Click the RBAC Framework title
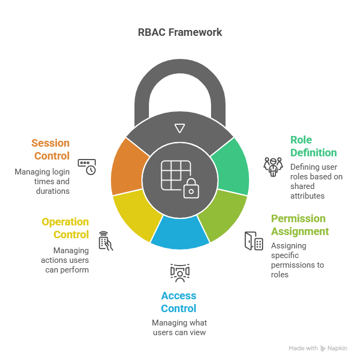point(180,32)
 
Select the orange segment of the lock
point(127,167)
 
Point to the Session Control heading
point(50,149)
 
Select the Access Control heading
point(179,302)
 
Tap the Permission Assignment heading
point(299,225)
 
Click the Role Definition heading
point(313,146)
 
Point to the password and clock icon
point(87,167)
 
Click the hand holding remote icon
point(106,241)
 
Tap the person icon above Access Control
point(179,273)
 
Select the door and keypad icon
point(254,241)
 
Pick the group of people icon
point(273,167)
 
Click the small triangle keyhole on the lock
point(180,128)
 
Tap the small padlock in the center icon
point(190,188)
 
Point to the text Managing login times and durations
point(42,182)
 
